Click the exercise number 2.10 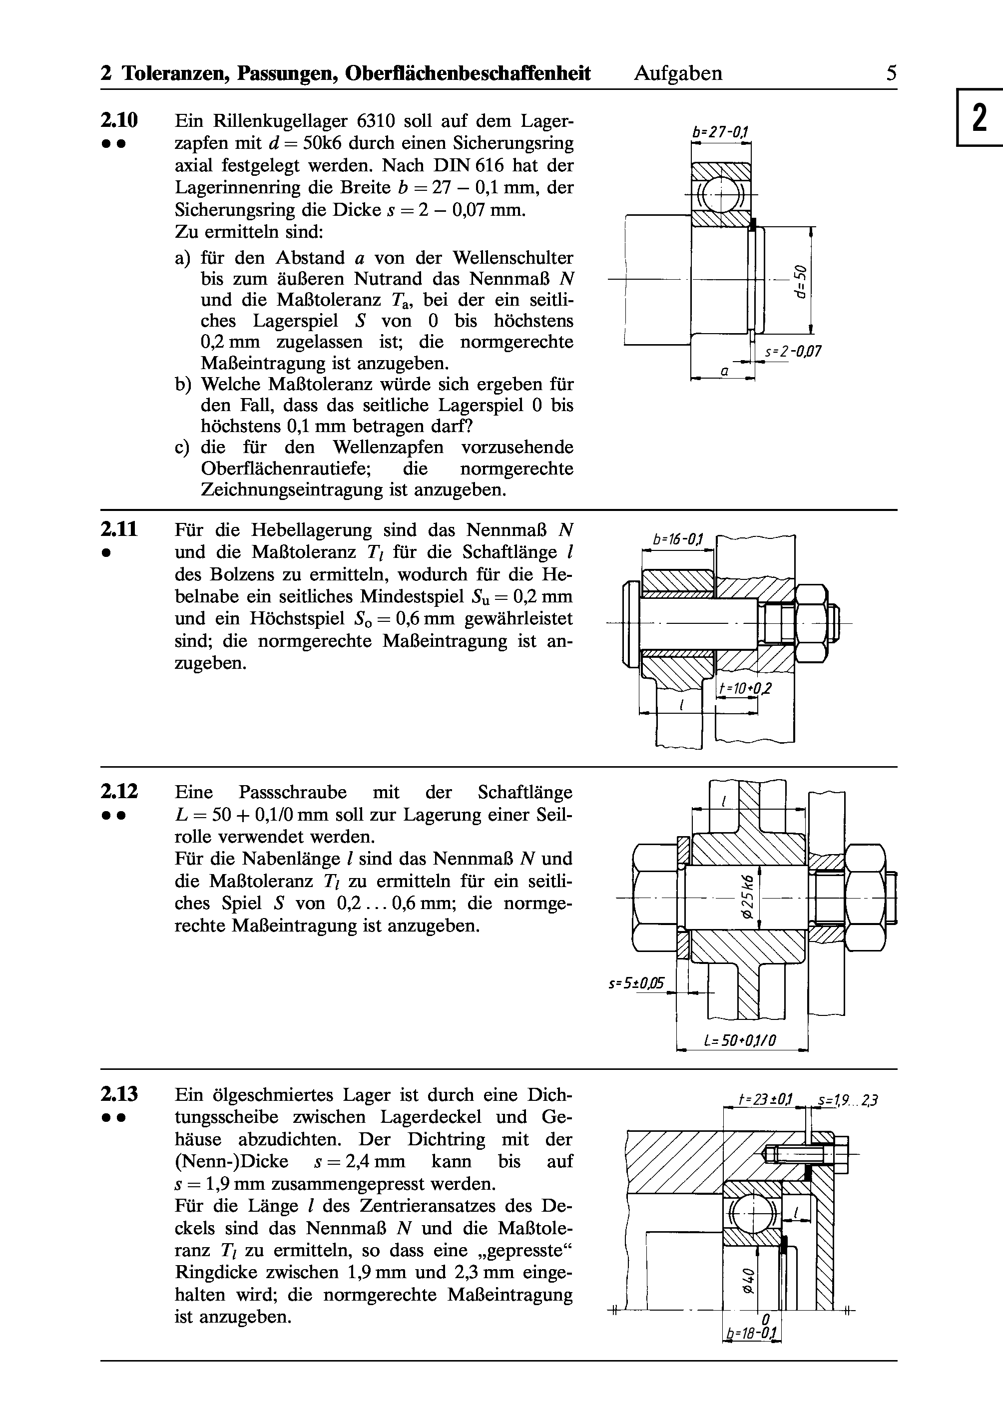click(119, 120)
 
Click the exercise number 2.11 click(119, 530)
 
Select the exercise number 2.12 click(119, 792)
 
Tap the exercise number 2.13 click(119, 1094)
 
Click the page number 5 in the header click(891, 73)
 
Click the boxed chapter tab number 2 click(980, 118)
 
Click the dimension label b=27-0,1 click(720, 132)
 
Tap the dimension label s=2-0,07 click(793, 352)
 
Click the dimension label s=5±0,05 click(636, 982)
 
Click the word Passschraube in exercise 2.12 click(293, 792)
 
